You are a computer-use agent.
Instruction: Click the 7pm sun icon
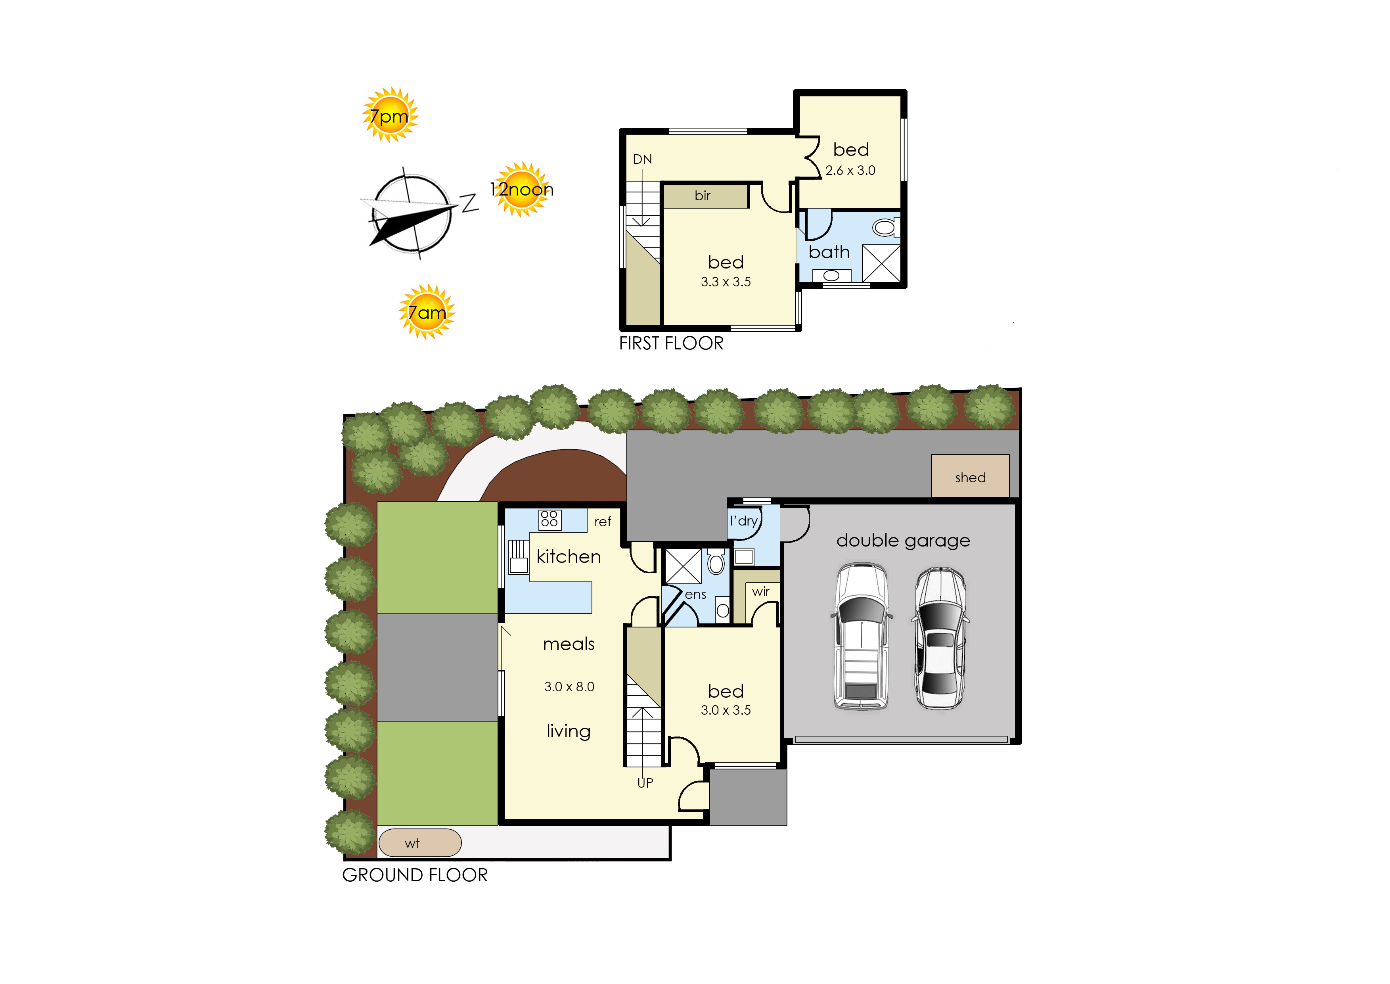[390, 115]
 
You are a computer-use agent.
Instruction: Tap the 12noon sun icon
[521, 190]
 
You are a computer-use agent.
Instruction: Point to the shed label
[970, 478]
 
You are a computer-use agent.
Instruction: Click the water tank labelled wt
[420, 843]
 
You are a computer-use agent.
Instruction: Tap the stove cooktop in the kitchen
[549, 519]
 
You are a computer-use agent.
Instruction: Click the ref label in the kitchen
[603, 522]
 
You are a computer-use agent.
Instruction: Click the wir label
[761, 591]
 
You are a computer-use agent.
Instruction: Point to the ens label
[695, 595]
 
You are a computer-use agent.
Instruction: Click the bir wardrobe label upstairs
[703, 196]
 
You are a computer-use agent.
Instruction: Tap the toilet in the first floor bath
[885, 227]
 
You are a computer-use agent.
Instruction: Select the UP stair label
[645, 783]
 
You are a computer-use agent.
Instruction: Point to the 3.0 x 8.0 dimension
[569, 687]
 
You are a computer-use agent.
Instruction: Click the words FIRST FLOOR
[671, 343]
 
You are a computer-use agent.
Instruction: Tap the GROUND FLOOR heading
[415, 875]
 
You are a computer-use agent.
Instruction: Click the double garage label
[903, 541]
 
